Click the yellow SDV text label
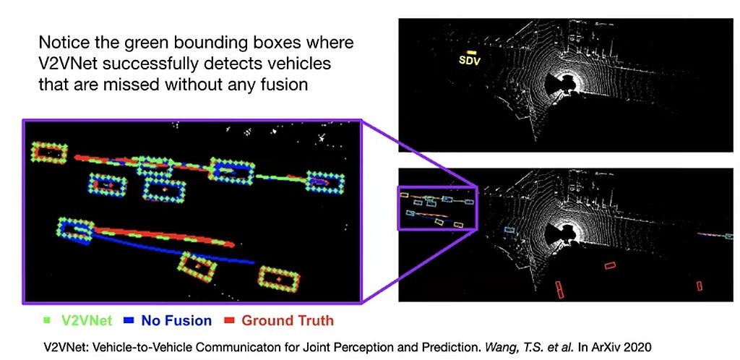pos(470,61)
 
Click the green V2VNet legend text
pos(87,321)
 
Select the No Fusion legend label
pos(176,321)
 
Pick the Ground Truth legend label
pos(288,321)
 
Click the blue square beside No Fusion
pos(127,321)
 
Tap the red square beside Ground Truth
pos(228,321)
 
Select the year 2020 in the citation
pos(639,348)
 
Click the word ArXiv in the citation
pos(608,348)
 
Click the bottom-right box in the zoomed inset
pos(279,279)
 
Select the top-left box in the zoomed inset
pos(48,153)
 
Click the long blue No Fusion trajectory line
pos(173,251)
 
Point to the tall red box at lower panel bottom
pos(559,290)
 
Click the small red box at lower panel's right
pos(700,286)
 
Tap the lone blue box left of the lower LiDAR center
pos(509,230)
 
